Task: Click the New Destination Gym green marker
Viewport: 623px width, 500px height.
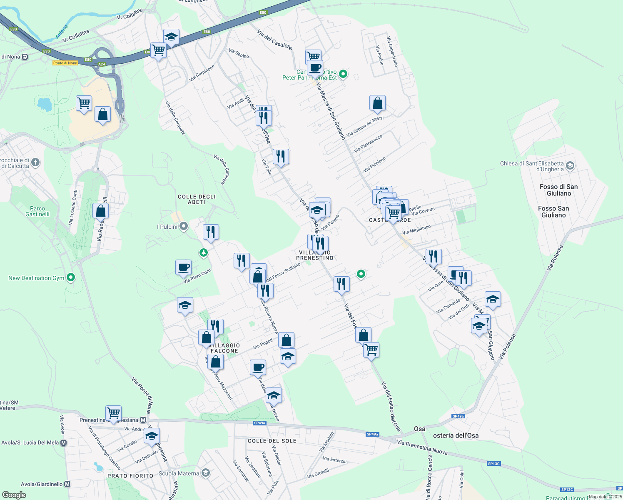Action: pos(71,277)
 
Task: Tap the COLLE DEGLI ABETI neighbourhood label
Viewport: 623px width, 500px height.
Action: pos(197,199)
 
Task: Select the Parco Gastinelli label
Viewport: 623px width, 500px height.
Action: pos(37,211)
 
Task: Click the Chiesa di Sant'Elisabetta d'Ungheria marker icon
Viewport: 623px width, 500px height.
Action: pos(570,166)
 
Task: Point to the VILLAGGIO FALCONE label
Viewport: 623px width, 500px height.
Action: pos(224,348)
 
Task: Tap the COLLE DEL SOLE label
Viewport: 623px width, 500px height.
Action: pos(272,441)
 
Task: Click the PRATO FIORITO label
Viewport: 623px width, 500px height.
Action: pos(130,475)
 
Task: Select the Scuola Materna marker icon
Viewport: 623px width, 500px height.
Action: pos(205,473)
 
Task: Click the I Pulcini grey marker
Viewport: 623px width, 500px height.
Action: pos(184,226)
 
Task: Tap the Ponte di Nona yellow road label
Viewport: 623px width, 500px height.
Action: pos(65,63)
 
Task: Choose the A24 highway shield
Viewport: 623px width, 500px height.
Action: pos(102,64)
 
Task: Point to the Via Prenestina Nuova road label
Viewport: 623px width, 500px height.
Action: pos(422,447)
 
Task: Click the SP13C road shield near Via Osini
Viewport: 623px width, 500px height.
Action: pos(493,463)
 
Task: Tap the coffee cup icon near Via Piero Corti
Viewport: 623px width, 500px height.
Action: pos(183,267)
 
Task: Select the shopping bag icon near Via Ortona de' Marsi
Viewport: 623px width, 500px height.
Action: pos(377,103)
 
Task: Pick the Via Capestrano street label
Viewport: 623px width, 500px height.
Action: pos(392,51)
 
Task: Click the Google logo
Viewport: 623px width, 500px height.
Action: pos(14,495)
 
